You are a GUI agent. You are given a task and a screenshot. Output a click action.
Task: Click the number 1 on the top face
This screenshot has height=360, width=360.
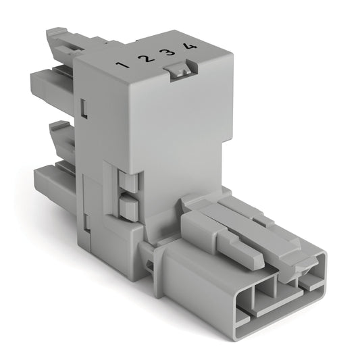point(122,65)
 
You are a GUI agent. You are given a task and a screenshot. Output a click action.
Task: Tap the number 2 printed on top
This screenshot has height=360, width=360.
point(145,59)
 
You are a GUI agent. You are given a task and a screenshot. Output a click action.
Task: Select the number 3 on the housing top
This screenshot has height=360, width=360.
point(168,53)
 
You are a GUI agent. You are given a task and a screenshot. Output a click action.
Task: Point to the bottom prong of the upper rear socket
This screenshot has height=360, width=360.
point(51,87)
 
